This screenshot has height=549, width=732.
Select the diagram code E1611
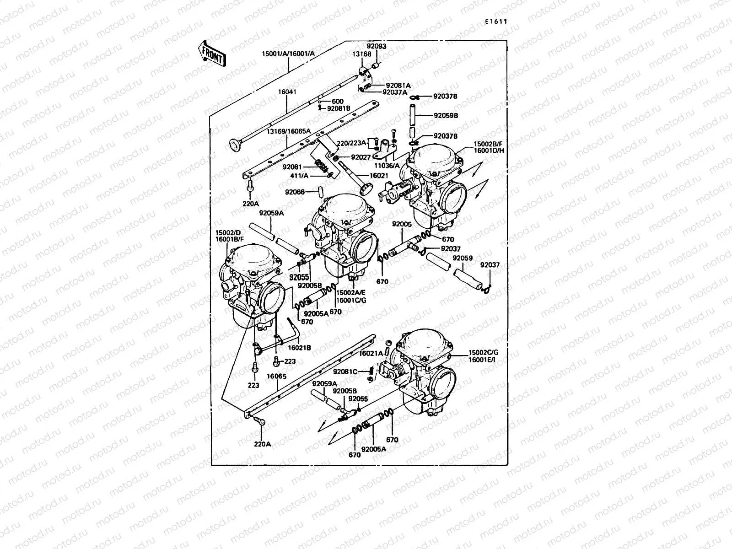496,21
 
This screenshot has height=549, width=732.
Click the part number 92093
376,46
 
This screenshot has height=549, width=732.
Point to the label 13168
361,54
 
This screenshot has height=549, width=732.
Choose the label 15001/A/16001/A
288,54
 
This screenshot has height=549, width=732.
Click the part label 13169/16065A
289,131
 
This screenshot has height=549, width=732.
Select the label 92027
361,157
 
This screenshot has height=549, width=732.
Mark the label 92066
295,192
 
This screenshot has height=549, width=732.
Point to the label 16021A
371,353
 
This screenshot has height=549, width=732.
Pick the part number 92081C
345,371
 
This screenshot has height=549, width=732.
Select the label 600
338,102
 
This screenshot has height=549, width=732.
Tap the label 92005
402,224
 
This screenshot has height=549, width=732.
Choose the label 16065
276,376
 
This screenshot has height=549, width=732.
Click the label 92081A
398,85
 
